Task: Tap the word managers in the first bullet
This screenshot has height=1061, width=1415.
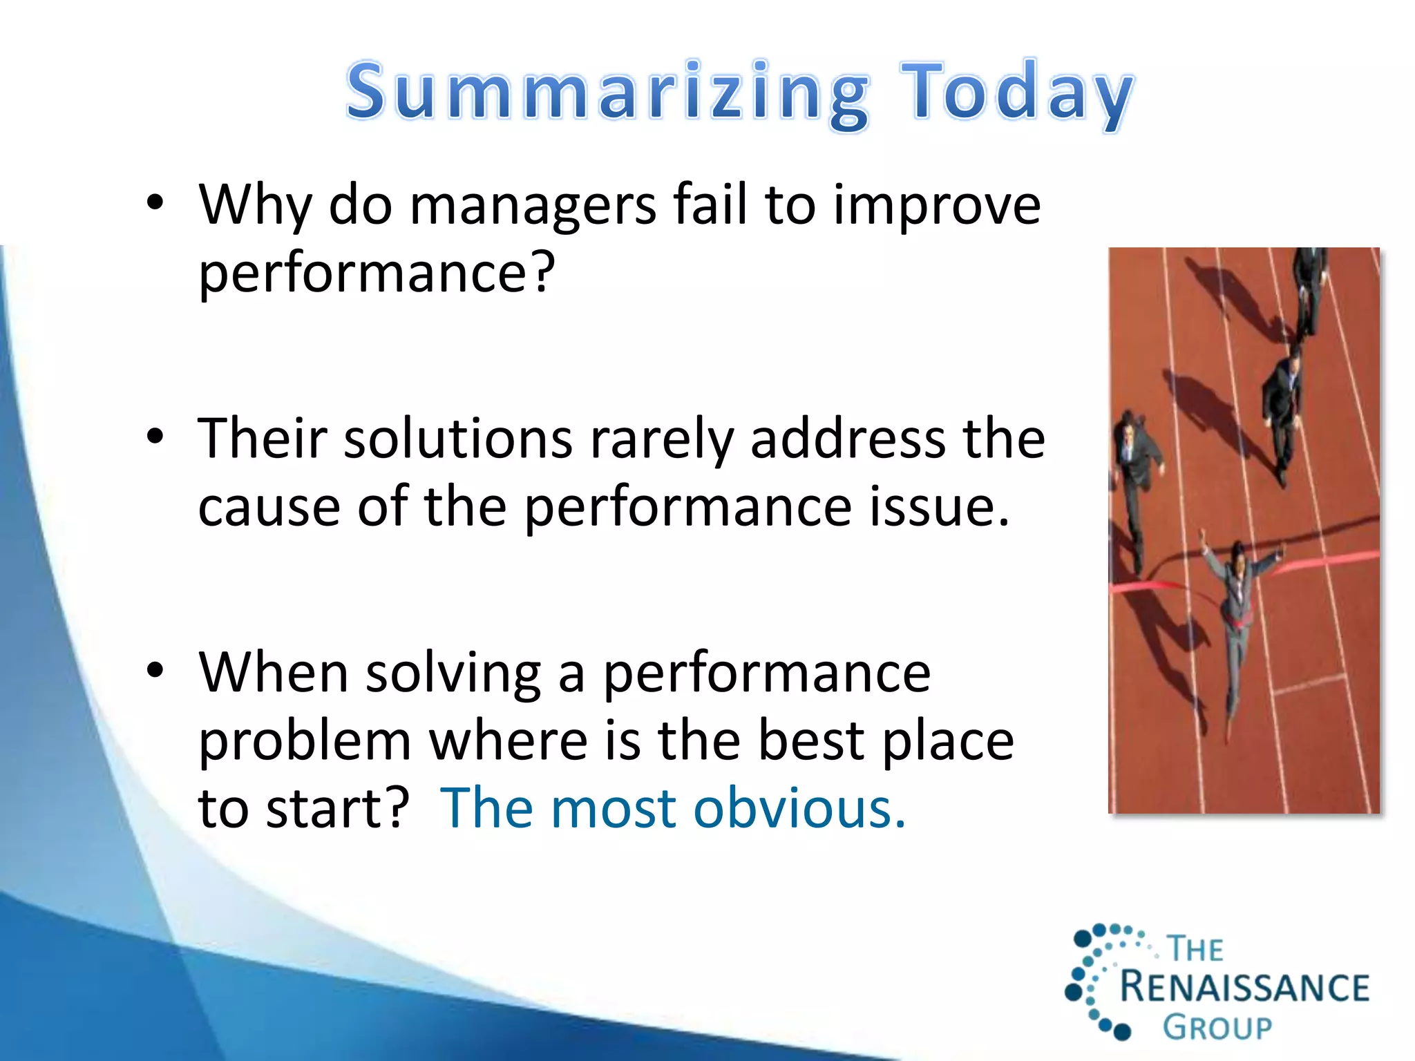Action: [532, 205]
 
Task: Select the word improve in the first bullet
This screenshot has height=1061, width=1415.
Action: [936, 205]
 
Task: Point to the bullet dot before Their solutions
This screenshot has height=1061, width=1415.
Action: [155, 437]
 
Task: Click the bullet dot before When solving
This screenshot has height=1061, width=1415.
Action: [155, 670]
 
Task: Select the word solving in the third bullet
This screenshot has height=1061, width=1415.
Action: [453, 673]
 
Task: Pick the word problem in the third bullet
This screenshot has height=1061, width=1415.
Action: [305, 740]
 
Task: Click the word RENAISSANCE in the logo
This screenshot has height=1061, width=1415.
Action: [1244, 986]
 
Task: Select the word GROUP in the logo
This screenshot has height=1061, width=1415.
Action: [1217, 1028]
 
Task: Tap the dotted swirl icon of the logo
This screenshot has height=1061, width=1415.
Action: [1099, 981]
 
